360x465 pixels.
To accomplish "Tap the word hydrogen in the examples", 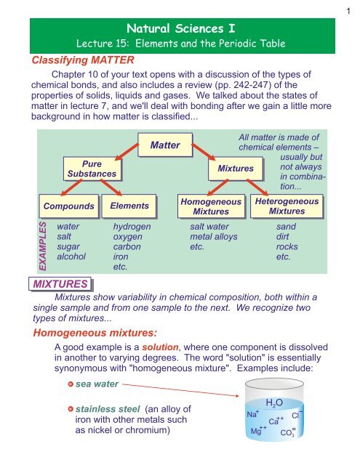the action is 132,227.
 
